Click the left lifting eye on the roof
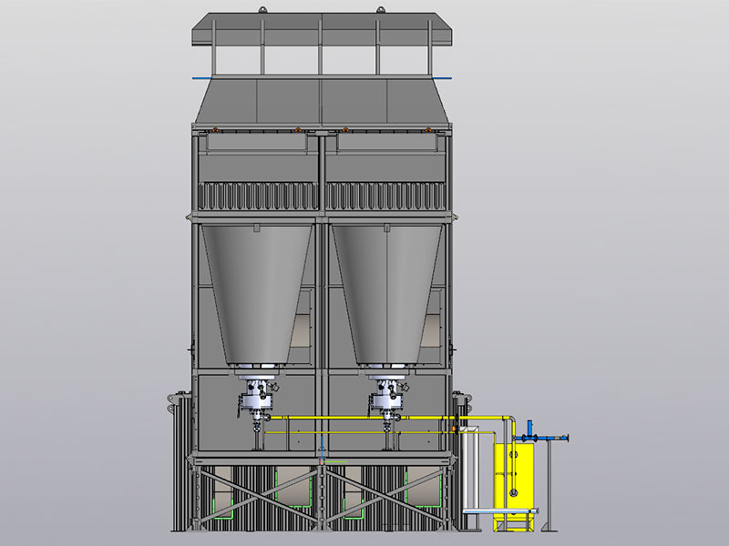pyautogui.click(x=262, y=10)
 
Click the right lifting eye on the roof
pyautogui.click(x=376, y=10)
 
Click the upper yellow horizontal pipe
pyautogui.click(x=364, y=418)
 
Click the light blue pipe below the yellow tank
pyautogui.click(x=501, y=511)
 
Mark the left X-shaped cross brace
pyautogui.click(x=255, y=498)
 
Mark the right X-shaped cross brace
pyautogui.click(x=388, y=498)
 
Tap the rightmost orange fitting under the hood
pyautogui.click(x=431, y=131)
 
